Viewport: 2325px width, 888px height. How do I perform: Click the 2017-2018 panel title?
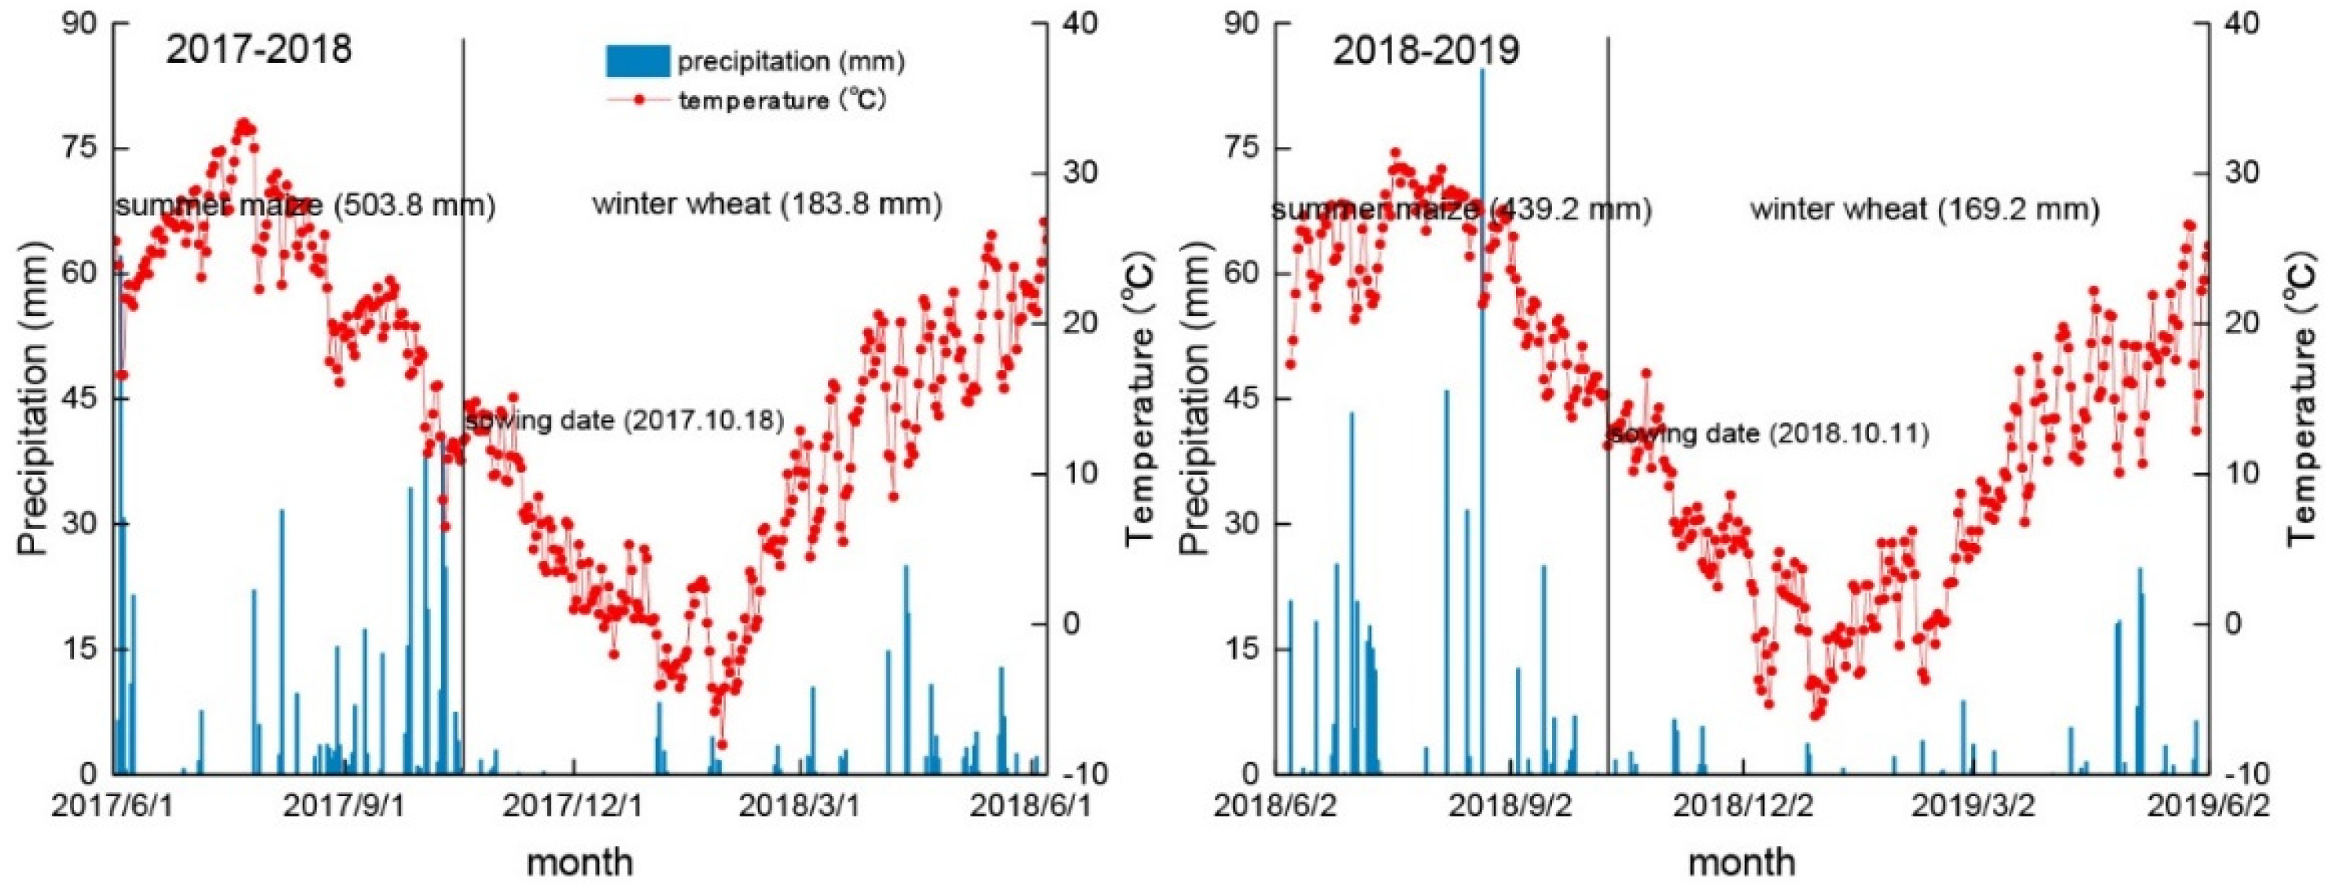pos(258,49)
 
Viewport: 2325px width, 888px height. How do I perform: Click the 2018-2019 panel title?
pos(1426,50)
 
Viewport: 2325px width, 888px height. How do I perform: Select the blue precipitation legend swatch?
pos(637,61)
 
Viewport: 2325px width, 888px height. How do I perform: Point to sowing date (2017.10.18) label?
pos(624,420)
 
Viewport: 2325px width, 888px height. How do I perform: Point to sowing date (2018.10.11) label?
pos(1769,434)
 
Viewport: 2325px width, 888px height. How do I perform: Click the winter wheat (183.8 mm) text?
pos(767,205)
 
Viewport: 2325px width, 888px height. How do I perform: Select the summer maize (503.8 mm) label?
pos(306,207)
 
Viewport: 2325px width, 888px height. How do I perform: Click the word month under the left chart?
pos(579,861)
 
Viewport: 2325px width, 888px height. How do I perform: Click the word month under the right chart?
pos(1742,861)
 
